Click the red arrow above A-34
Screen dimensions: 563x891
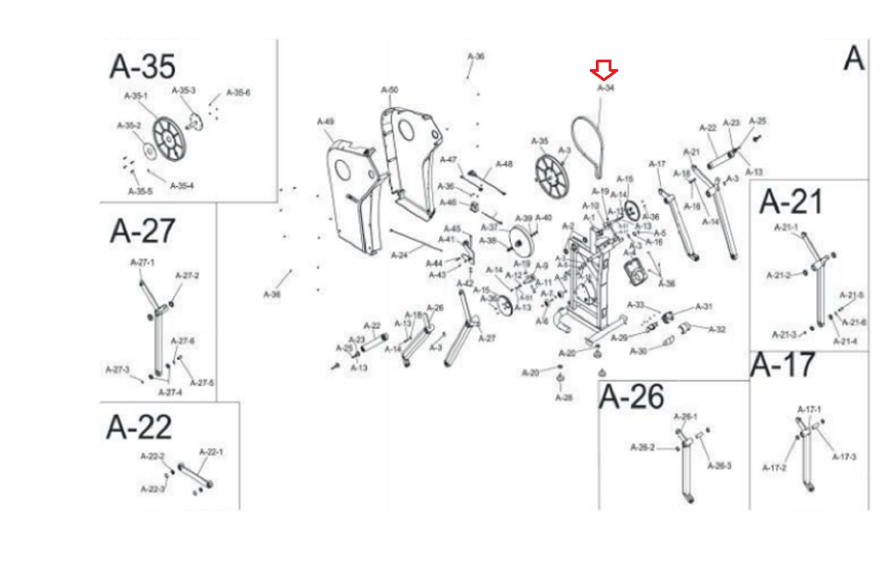click(604, 70)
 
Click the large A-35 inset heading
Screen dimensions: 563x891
click(143, 66)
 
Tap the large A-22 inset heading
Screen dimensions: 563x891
click(139, 427)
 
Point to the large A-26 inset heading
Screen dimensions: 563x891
click(631, 397)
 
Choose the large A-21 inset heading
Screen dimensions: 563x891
click(791, 202)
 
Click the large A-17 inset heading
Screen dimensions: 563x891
click(782, 365)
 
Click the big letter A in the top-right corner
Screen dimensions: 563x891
click(854, 58)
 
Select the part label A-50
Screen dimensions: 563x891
click(389, 90)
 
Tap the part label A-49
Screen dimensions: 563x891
click(326, 121)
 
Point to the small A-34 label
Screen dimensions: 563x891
click(606, 88)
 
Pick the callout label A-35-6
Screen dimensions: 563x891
click(238, 92)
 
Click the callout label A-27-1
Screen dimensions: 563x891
click(143, 262)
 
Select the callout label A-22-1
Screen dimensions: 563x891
click(211, 452)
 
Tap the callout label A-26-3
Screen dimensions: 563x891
click(719, 466)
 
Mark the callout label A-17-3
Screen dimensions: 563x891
click(844, 457)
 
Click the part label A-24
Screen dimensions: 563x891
click(399, 255)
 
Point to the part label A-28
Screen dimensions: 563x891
click(564, 398)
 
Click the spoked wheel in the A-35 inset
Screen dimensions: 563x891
click(169, 138)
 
